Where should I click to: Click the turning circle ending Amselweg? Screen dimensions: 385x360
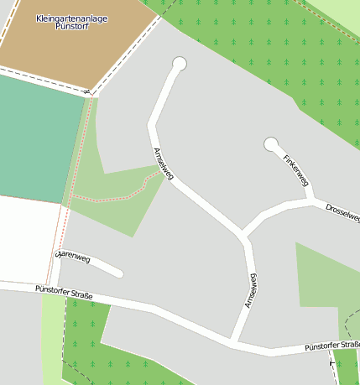pos(179,64)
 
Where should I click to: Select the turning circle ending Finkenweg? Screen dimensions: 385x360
pos(271,145)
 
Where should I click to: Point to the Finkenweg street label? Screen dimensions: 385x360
pos(296,169)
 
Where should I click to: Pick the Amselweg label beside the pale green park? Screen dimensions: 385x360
pos(163,164)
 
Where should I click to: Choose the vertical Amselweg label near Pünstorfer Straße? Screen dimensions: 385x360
pos(250,290)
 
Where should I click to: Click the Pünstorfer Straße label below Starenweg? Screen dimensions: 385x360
pos(64,293)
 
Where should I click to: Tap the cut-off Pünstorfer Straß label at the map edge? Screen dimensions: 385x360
pos(331,345)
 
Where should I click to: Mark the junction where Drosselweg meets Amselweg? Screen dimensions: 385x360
pos(244,235)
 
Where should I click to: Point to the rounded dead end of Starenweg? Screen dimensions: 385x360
pos(119,273)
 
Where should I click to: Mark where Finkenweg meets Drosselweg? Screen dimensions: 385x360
pos(312,200)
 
